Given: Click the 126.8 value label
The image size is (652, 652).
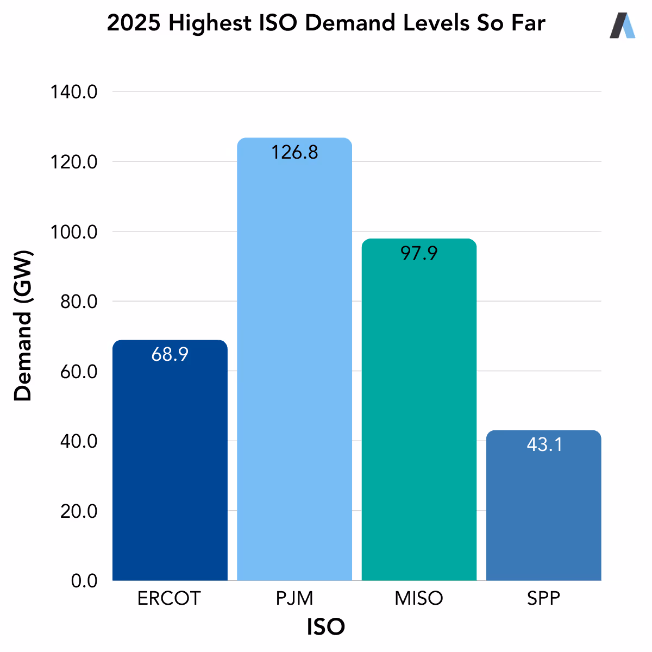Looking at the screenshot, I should [294, 153].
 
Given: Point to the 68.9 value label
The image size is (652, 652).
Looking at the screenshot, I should [170, 355].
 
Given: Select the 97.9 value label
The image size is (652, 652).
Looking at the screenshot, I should [419, 253].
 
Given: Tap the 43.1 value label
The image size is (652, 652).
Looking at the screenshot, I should [544, 445].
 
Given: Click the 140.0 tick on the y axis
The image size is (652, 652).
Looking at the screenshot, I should [74, 92].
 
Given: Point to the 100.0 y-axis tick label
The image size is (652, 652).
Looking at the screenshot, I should [74, 232].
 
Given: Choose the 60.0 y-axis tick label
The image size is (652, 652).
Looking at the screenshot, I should [78, 372].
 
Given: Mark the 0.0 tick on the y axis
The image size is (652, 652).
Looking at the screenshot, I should [84, 581].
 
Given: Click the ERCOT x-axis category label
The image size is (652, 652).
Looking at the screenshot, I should [169, 598].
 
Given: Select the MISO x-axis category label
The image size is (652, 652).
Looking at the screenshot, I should [419, 598].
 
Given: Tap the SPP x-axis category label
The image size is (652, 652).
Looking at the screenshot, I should [543, 598].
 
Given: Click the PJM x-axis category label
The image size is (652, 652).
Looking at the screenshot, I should [294, 598].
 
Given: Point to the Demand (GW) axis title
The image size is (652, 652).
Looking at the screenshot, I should [23, 326].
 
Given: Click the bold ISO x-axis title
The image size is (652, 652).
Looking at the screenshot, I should [326, 627].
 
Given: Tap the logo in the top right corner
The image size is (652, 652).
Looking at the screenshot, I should [622, 26].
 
